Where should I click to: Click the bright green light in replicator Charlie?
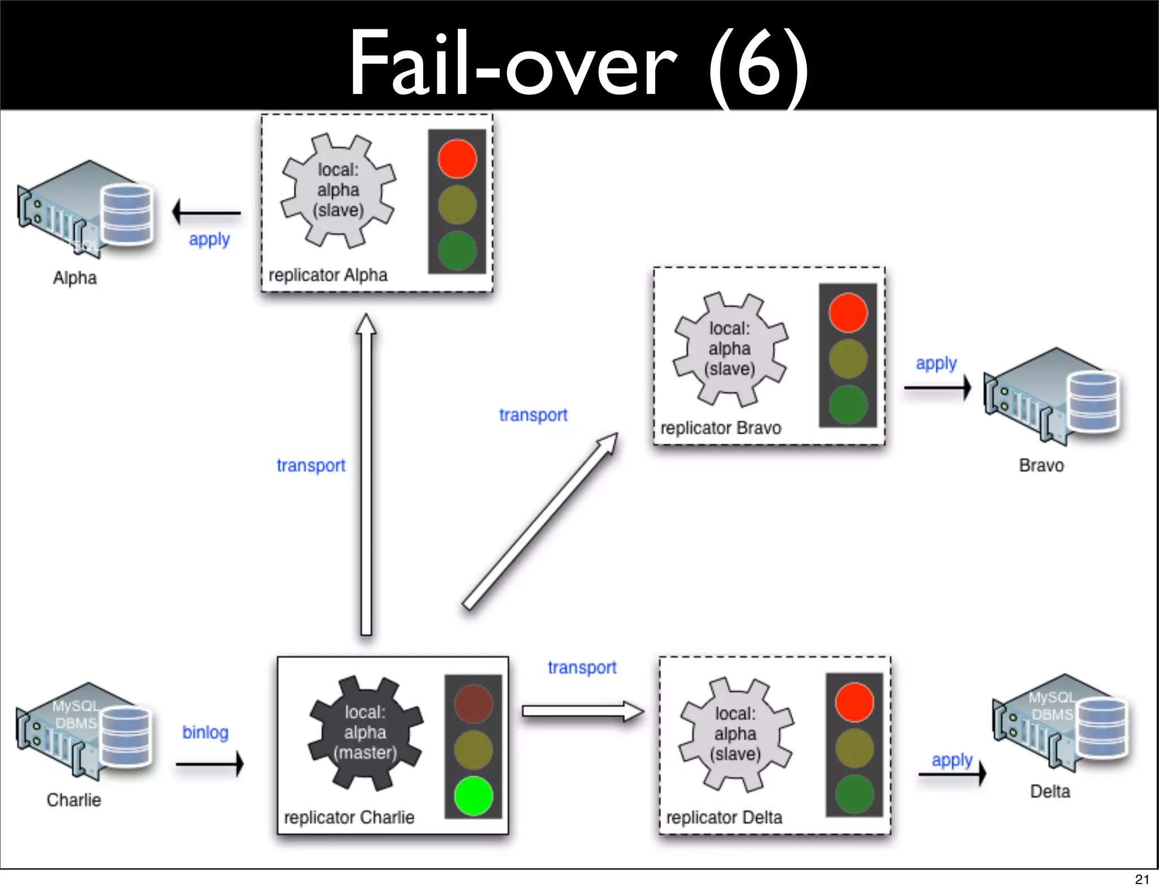pos(473,795)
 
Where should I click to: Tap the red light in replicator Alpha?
pos(457,158)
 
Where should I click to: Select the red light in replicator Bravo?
pos(848,312)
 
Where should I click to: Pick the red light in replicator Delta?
pos(854,702)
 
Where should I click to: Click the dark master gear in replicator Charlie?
pos(365,732)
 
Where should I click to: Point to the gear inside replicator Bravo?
pos(730,349)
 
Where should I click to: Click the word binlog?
pos(205,732)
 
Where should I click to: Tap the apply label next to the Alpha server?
pos(209,239)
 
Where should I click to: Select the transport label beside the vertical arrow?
pos(311,465)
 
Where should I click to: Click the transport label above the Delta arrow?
pos(582,667)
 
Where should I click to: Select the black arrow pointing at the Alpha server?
pos(207,213)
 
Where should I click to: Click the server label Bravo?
pos(1041,465)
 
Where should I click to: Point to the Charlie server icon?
pos(85,730)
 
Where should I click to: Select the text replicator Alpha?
pos(328,275)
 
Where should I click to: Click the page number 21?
pos(1142,879)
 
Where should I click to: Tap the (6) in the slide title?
pos(758,65)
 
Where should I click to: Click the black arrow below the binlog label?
pos(209,764)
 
